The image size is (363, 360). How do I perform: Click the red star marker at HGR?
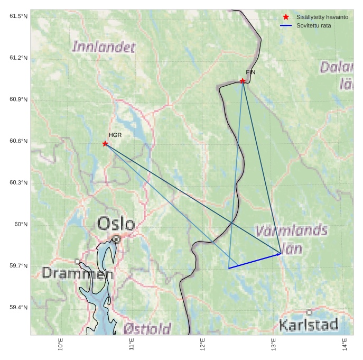point(105,144)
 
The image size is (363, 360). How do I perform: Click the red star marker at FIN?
point(243,81)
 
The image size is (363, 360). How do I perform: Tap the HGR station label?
point(115,135)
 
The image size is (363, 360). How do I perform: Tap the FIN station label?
point(250,72)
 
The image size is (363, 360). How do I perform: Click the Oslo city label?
point(116,224)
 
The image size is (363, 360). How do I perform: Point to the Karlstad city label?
point(308,325)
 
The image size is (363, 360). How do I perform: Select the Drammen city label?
point(77,273)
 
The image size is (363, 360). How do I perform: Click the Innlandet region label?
point(104,47)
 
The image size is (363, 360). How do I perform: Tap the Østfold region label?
point(147,329)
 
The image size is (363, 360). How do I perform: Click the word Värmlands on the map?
point(291,231)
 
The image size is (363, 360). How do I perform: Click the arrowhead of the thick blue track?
point(280,254)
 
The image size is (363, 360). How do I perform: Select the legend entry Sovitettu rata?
point(314,25)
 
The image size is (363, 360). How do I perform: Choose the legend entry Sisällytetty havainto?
point(322,17)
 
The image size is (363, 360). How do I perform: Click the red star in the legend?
point(286,17)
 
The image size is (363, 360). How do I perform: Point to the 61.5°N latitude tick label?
point(18,16)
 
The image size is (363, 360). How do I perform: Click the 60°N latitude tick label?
point(21,224)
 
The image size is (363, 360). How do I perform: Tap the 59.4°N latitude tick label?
point(18,308)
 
